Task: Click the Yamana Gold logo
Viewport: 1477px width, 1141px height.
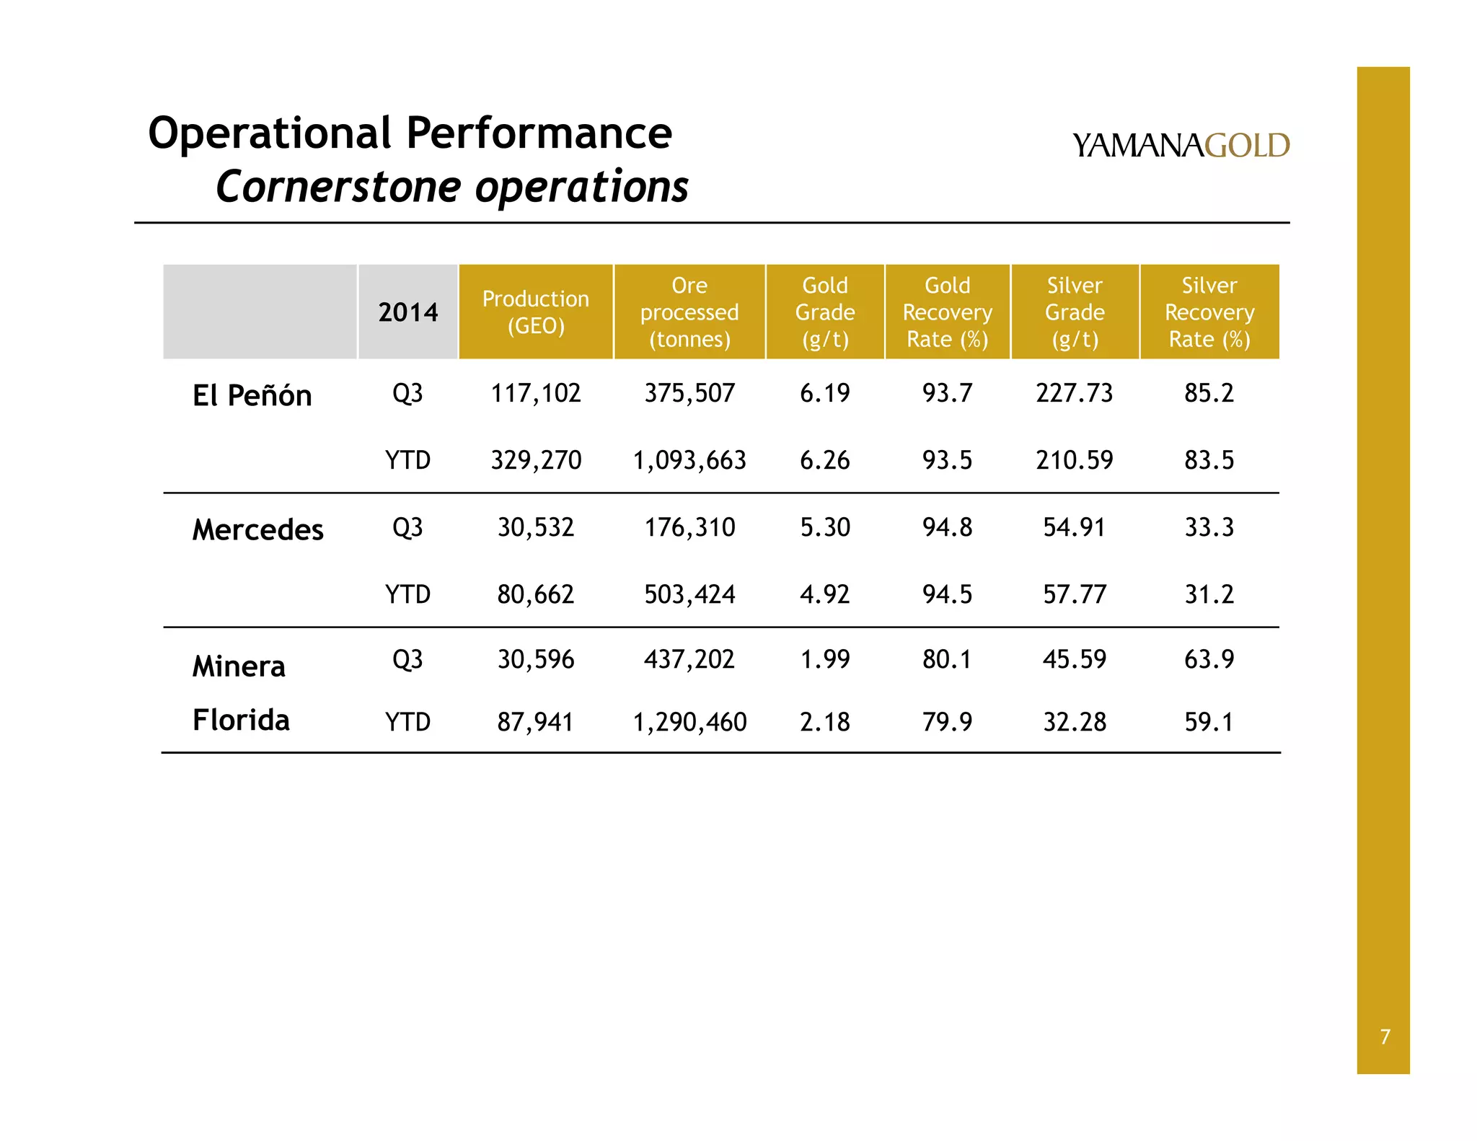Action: [x=1180, y=146]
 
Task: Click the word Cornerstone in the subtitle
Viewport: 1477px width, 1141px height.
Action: [x=339, y=187]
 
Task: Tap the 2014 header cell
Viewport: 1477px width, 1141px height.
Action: [x=407, y=312]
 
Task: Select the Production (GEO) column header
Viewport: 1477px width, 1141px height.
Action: [x=536, y=312]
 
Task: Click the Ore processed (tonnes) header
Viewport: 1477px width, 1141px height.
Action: [x=689, y=312]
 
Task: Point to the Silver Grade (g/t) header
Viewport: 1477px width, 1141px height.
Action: [x=1075, y=312]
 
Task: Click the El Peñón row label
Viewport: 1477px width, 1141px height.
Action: [x=252, y=395]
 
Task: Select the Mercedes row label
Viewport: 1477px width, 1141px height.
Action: [x=257, y=530]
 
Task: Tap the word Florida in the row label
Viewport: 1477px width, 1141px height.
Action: [x=241, y=720]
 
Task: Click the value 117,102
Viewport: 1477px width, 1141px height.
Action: [x=536, y=393]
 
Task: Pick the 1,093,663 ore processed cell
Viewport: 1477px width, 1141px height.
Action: [x=689, y=460]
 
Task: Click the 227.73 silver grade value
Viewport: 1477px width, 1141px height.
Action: [x=1075, y=393]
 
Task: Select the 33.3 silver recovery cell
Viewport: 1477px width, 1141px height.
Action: [x=1209, y=527]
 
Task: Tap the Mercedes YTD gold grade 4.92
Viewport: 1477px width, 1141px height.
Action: [x=825, y=594]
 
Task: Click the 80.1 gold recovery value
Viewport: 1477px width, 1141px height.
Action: [x=947, y=659]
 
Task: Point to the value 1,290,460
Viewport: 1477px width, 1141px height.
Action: [x=689, y=722]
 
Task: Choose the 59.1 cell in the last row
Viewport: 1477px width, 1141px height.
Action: [x=1209, y=722]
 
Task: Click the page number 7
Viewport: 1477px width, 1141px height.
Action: [x=1385, y=1036]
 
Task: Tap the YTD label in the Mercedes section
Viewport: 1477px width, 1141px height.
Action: [x=407, y=594]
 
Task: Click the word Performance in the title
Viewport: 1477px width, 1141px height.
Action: [x=539, y=133]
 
